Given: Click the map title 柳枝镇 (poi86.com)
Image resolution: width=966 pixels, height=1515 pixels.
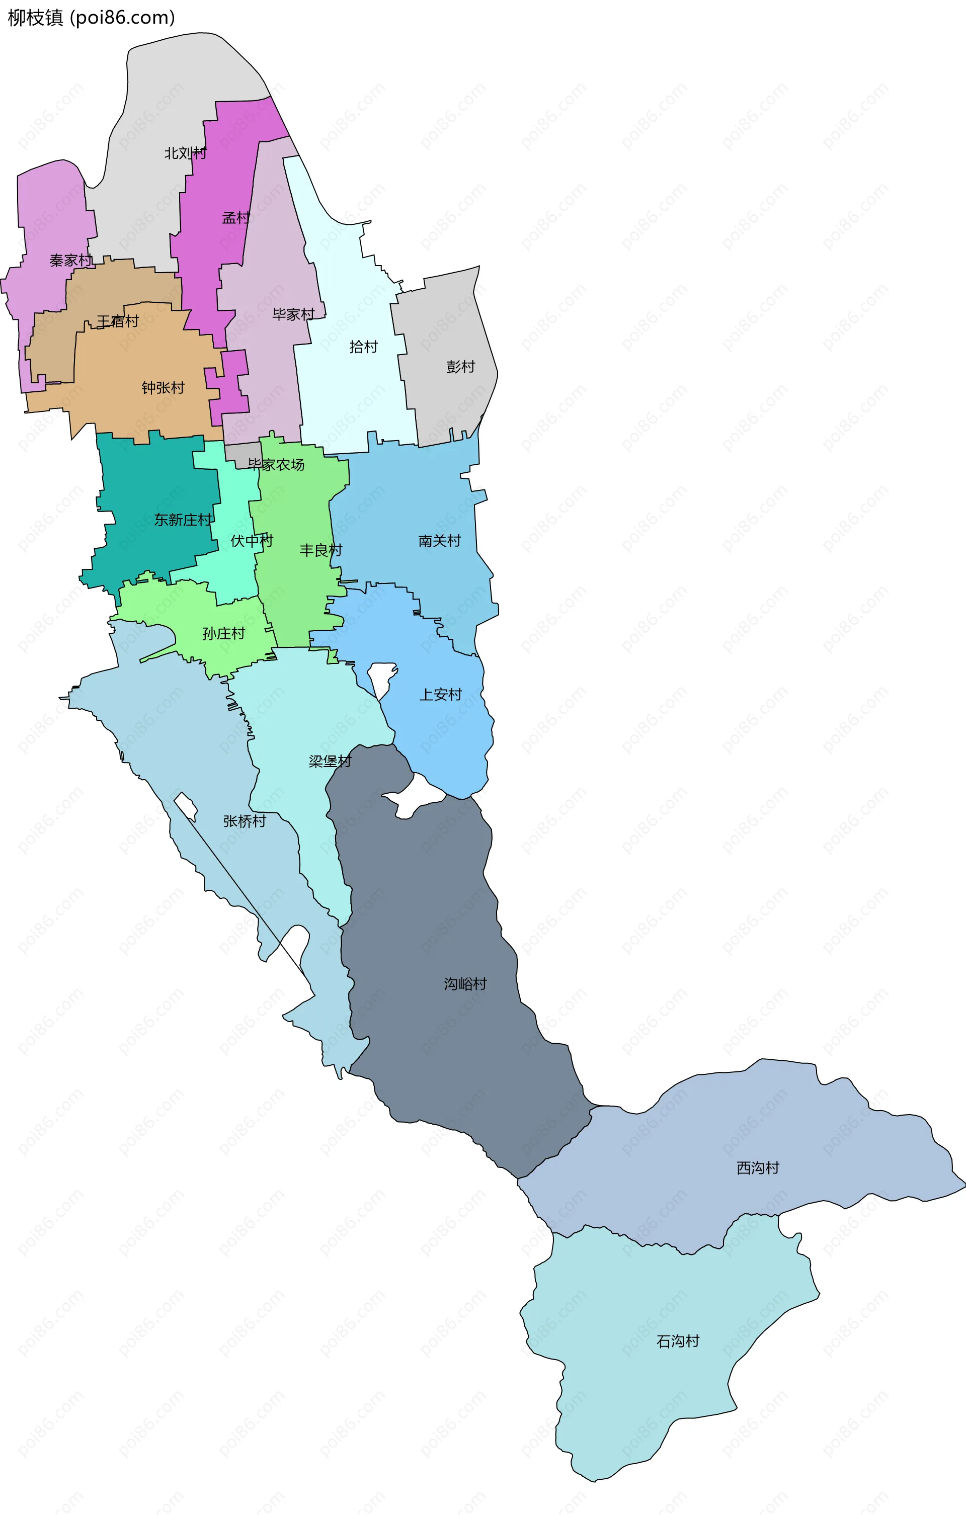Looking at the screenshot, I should pyautogui.click(x=91, y=18).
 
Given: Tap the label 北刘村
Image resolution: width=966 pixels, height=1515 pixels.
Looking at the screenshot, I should pyautogui.click(x=185, y=153).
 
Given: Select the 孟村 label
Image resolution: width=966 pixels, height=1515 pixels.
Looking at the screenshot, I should pyautogui.click(x=236, y=218).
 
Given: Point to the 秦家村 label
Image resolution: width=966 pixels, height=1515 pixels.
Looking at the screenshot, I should pyautogui.click(x=70, y=260).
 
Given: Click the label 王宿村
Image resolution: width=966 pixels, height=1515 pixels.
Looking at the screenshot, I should pyautogui.click(x=118, y=321).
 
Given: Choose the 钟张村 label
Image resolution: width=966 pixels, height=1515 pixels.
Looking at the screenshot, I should pyautogui.click(x=163, y=388).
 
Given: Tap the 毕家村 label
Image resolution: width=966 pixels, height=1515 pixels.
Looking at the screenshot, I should pyautogui.click(x=293, y=314).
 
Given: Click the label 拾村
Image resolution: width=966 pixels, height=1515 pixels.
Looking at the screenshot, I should pyautogui.click(x=363, y=347).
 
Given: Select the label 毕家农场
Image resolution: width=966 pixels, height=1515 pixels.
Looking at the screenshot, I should pyautogui.click(x=276, y=464).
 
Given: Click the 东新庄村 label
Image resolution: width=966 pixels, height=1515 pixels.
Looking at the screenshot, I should pyautogui.click(x=183, y=520).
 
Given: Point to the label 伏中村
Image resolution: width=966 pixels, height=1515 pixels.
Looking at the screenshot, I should pyautogui.click(x=252, y=540).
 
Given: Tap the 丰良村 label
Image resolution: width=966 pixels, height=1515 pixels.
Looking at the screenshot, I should pyautogui.click(x=320, y=550).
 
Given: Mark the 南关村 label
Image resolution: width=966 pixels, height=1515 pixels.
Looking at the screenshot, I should pyautogui.click(x=439, y=540).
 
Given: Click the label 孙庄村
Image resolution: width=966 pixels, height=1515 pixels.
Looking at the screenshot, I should pyautogui.click(x=223, y=633).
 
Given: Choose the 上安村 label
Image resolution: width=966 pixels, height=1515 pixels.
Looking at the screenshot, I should pyautogui.click(x=441, y=694).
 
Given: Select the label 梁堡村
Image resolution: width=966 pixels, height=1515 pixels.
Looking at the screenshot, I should pyautogui.click(x=330, y=762).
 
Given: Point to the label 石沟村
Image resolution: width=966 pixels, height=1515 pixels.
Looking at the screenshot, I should pyautogui.click(x=678, y=1341).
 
